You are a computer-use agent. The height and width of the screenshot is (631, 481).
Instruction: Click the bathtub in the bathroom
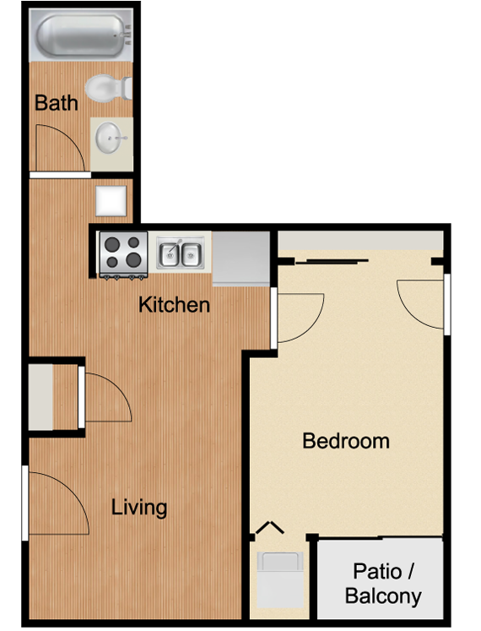(81, 35)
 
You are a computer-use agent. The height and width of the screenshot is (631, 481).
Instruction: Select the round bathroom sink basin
(108, 138)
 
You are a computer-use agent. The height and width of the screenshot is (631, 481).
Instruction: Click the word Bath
(56, 102)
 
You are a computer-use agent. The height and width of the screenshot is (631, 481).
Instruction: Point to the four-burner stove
(123, 255)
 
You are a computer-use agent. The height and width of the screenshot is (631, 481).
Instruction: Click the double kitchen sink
(181, 253)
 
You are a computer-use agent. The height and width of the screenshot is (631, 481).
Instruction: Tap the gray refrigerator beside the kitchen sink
(240, 258)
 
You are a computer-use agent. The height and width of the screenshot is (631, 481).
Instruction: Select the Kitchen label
(174, 305)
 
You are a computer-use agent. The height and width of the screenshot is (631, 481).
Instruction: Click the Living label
(139, 508)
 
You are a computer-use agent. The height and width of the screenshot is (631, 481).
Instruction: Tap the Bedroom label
(346, 441)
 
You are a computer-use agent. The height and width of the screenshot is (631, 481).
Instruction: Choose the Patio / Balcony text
(383, 584)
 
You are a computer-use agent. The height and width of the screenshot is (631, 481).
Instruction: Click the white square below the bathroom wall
(111, 201)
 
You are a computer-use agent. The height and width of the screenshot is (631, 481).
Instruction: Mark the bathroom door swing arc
(73, 137)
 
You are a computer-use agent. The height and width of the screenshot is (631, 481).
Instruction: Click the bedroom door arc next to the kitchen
(314, 325)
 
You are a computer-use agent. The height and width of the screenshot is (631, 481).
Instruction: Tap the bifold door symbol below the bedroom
(269, 527)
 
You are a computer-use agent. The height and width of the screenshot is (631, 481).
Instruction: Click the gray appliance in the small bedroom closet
(280, 579)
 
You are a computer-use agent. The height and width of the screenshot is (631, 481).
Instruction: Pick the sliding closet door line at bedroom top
(332, 262)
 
